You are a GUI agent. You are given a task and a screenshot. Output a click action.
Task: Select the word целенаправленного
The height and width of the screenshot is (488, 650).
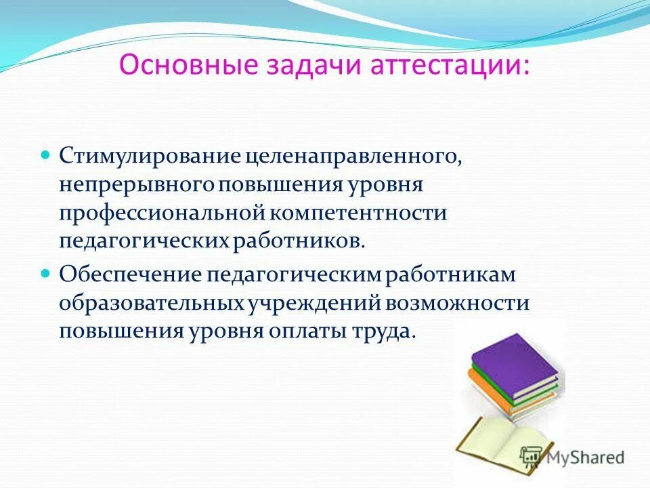click(353, 156)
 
